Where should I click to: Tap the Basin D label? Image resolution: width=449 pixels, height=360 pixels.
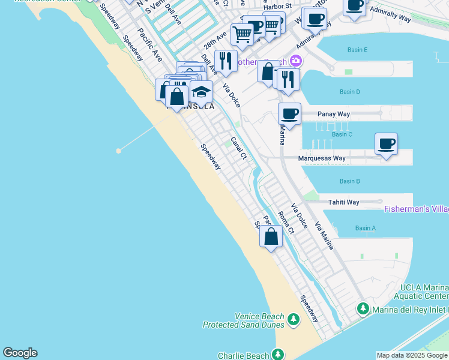pos(349,92)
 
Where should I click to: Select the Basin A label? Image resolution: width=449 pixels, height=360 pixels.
pos(365,228)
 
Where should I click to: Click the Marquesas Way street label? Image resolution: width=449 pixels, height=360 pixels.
pos(322,158)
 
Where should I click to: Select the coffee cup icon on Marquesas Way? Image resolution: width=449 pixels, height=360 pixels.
pos(387,144)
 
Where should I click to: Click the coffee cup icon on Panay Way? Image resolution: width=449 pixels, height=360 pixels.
pos(289,113)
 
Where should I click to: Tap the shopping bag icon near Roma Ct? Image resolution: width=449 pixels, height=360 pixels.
pos(271,236)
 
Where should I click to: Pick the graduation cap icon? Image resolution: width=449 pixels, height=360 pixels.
pos(202,92)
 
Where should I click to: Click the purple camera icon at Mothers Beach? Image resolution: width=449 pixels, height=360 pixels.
pos(295,61)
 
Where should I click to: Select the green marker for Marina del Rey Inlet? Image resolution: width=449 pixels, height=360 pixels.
pos(363,309)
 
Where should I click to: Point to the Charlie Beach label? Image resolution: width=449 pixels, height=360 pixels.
pos(243,355)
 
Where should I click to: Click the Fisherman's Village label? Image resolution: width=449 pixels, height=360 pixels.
pos(416,209)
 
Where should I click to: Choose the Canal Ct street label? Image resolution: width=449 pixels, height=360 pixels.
pos(239,148)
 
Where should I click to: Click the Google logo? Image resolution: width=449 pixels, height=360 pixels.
pos(20,353)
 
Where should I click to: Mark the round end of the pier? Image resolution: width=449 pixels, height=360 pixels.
pos(119,151)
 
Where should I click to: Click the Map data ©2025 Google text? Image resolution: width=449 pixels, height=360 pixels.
pos(412,355)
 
